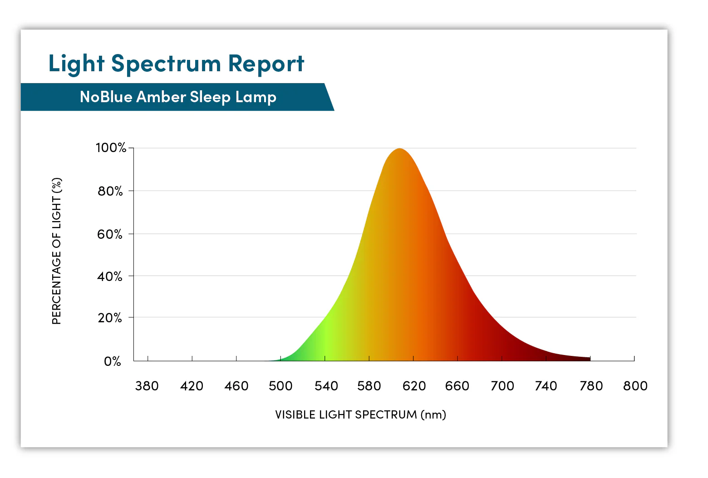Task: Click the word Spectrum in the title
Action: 166,64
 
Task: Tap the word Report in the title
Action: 266,64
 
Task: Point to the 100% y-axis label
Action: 111,148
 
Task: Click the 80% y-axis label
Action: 110,191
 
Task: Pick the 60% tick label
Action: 110,234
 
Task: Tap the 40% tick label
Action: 110,276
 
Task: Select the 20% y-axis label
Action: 110,318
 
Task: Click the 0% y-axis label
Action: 113,361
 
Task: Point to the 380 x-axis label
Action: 147,386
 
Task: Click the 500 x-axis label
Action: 280,386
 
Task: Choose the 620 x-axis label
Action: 414,386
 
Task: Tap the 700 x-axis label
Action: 502,386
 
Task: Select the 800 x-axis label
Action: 635,386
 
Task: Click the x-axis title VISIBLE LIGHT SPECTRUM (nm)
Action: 360,414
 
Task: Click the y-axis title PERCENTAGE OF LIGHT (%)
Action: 57,251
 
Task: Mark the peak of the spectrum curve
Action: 399,149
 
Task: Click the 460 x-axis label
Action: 236,386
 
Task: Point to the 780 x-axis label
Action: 591,386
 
